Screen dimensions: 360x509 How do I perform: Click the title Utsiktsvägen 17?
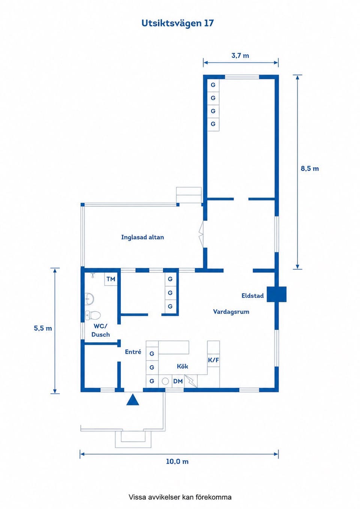coord(178,23)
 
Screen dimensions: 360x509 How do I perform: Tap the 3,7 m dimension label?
coord(240,56)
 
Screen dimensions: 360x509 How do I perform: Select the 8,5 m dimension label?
coord(310,168)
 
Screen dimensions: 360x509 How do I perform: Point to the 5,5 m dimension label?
coord(43,328)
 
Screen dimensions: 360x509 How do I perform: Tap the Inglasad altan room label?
coord(142,237)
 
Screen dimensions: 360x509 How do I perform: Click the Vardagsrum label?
coord(231,312)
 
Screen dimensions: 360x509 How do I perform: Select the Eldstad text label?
coord(253,296)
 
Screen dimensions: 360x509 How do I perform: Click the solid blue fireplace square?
coord(276,294)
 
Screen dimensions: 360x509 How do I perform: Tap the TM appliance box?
coord(111,279)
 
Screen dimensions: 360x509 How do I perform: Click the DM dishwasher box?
coord(178,381)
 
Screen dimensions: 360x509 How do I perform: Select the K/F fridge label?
coord(213,360)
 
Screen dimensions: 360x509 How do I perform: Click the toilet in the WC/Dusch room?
coord(93,315)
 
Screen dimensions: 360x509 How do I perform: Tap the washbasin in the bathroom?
coord(89,298)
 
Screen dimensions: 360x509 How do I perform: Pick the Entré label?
coord(133,352)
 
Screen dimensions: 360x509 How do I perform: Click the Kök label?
coord(183,366)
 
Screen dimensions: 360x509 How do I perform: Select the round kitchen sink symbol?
coord(165,381)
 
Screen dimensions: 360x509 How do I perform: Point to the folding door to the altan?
coord(201,234)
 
